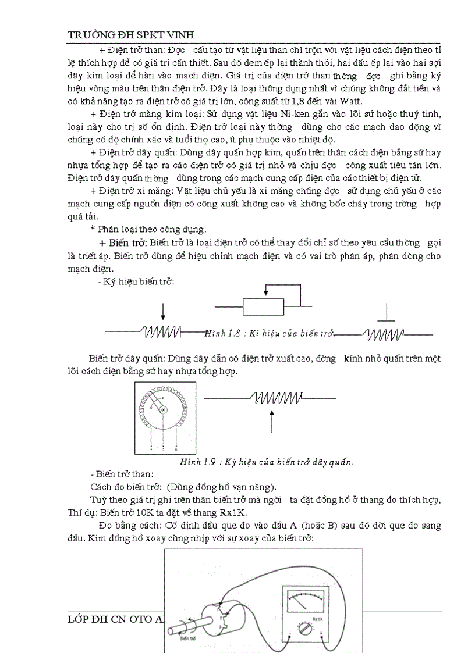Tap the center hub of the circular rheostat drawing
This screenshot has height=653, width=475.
(x=164, y=411)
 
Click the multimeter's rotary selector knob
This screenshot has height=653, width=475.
(x=303, y=630)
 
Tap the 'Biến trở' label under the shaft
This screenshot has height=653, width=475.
(x=188, y=638)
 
